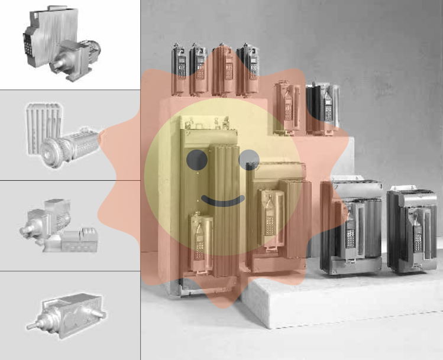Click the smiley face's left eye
pyautogui.click(x=196, y=159)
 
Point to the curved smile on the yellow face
pyautogui.click(x=222, y=202)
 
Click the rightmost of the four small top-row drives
pyautogui.click(x=248, y=69)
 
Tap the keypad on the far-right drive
pyautogui.click(x=418, y=233)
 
